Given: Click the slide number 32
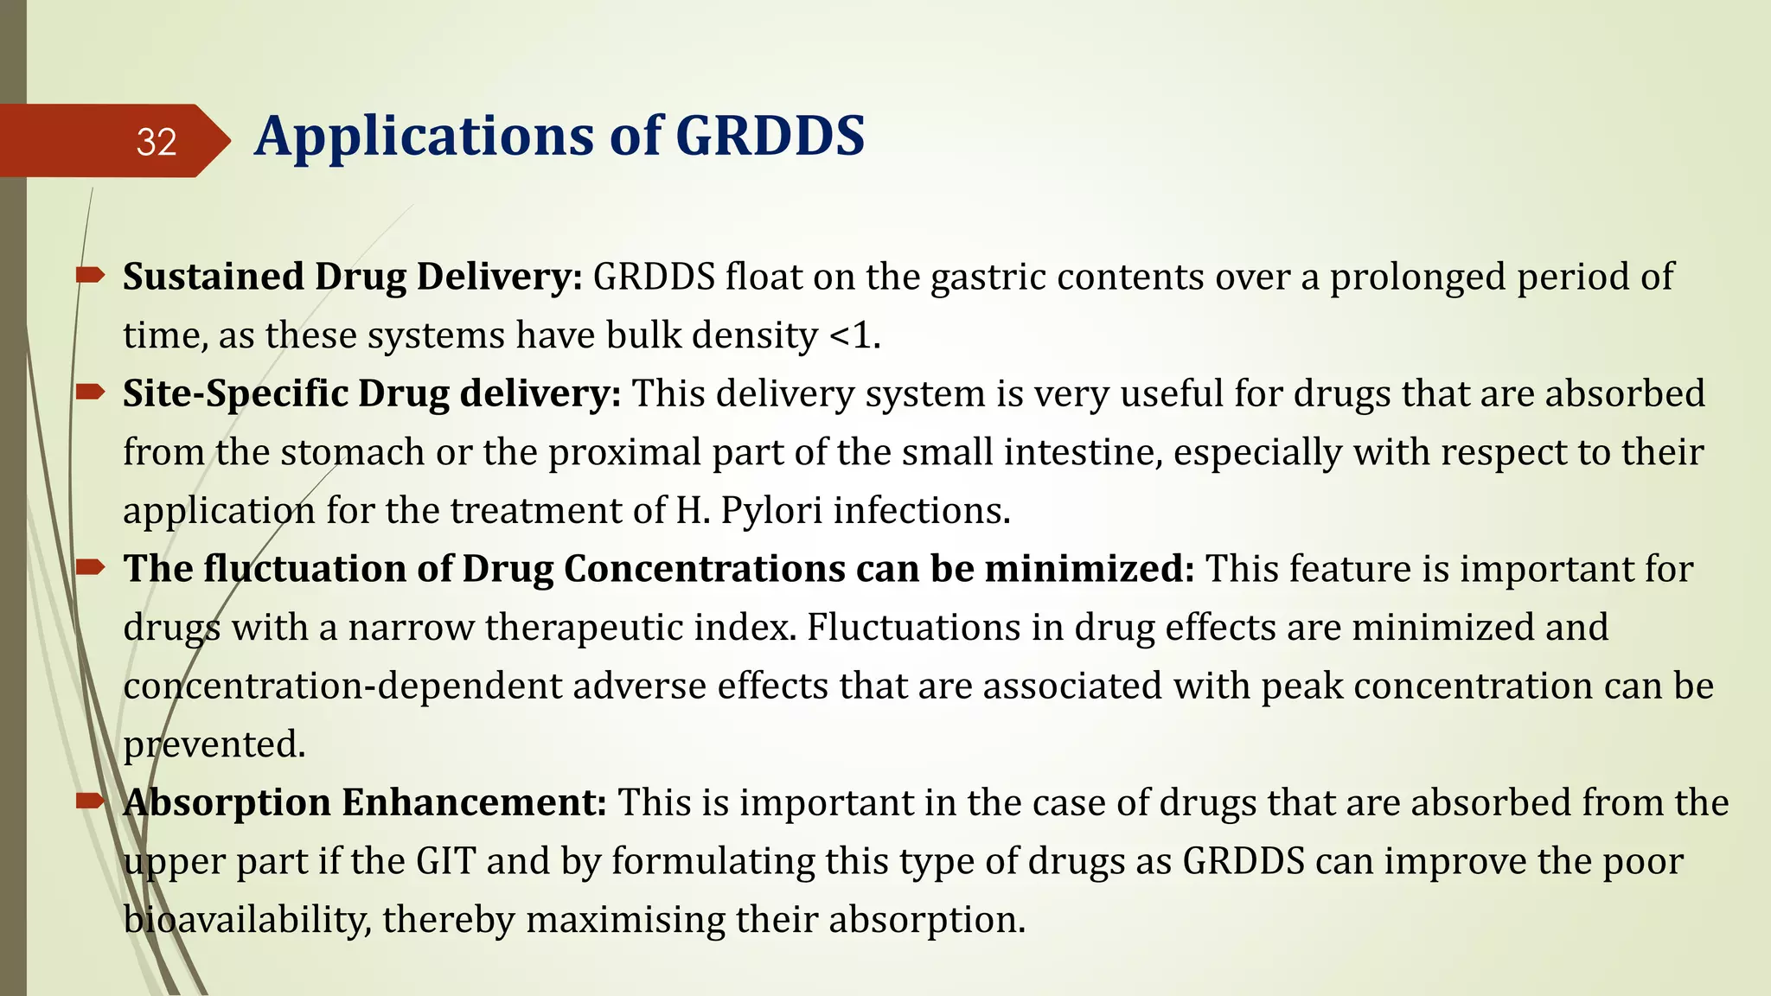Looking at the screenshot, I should (157, 142).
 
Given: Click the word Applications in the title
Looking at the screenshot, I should (424, 137).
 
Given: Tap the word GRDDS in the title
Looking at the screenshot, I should (770, 137).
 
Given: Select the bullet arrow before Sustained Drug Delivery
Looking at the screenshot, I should (90, 276).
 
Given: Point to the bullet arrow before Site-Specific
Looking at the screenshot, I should (90, 393).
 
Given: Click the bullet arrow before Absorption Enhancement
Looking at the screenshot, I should (90, 801).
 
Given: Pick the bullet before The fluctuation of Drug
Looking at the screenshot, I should (90, 568).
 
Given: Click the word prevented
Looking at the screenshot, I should (214, 744).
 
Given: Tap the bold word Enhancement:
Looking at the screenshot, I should (475, 802).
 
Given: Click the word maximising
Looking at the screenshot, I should (625, 919).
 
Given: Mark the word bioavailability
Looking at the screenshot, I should (247, 919).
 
